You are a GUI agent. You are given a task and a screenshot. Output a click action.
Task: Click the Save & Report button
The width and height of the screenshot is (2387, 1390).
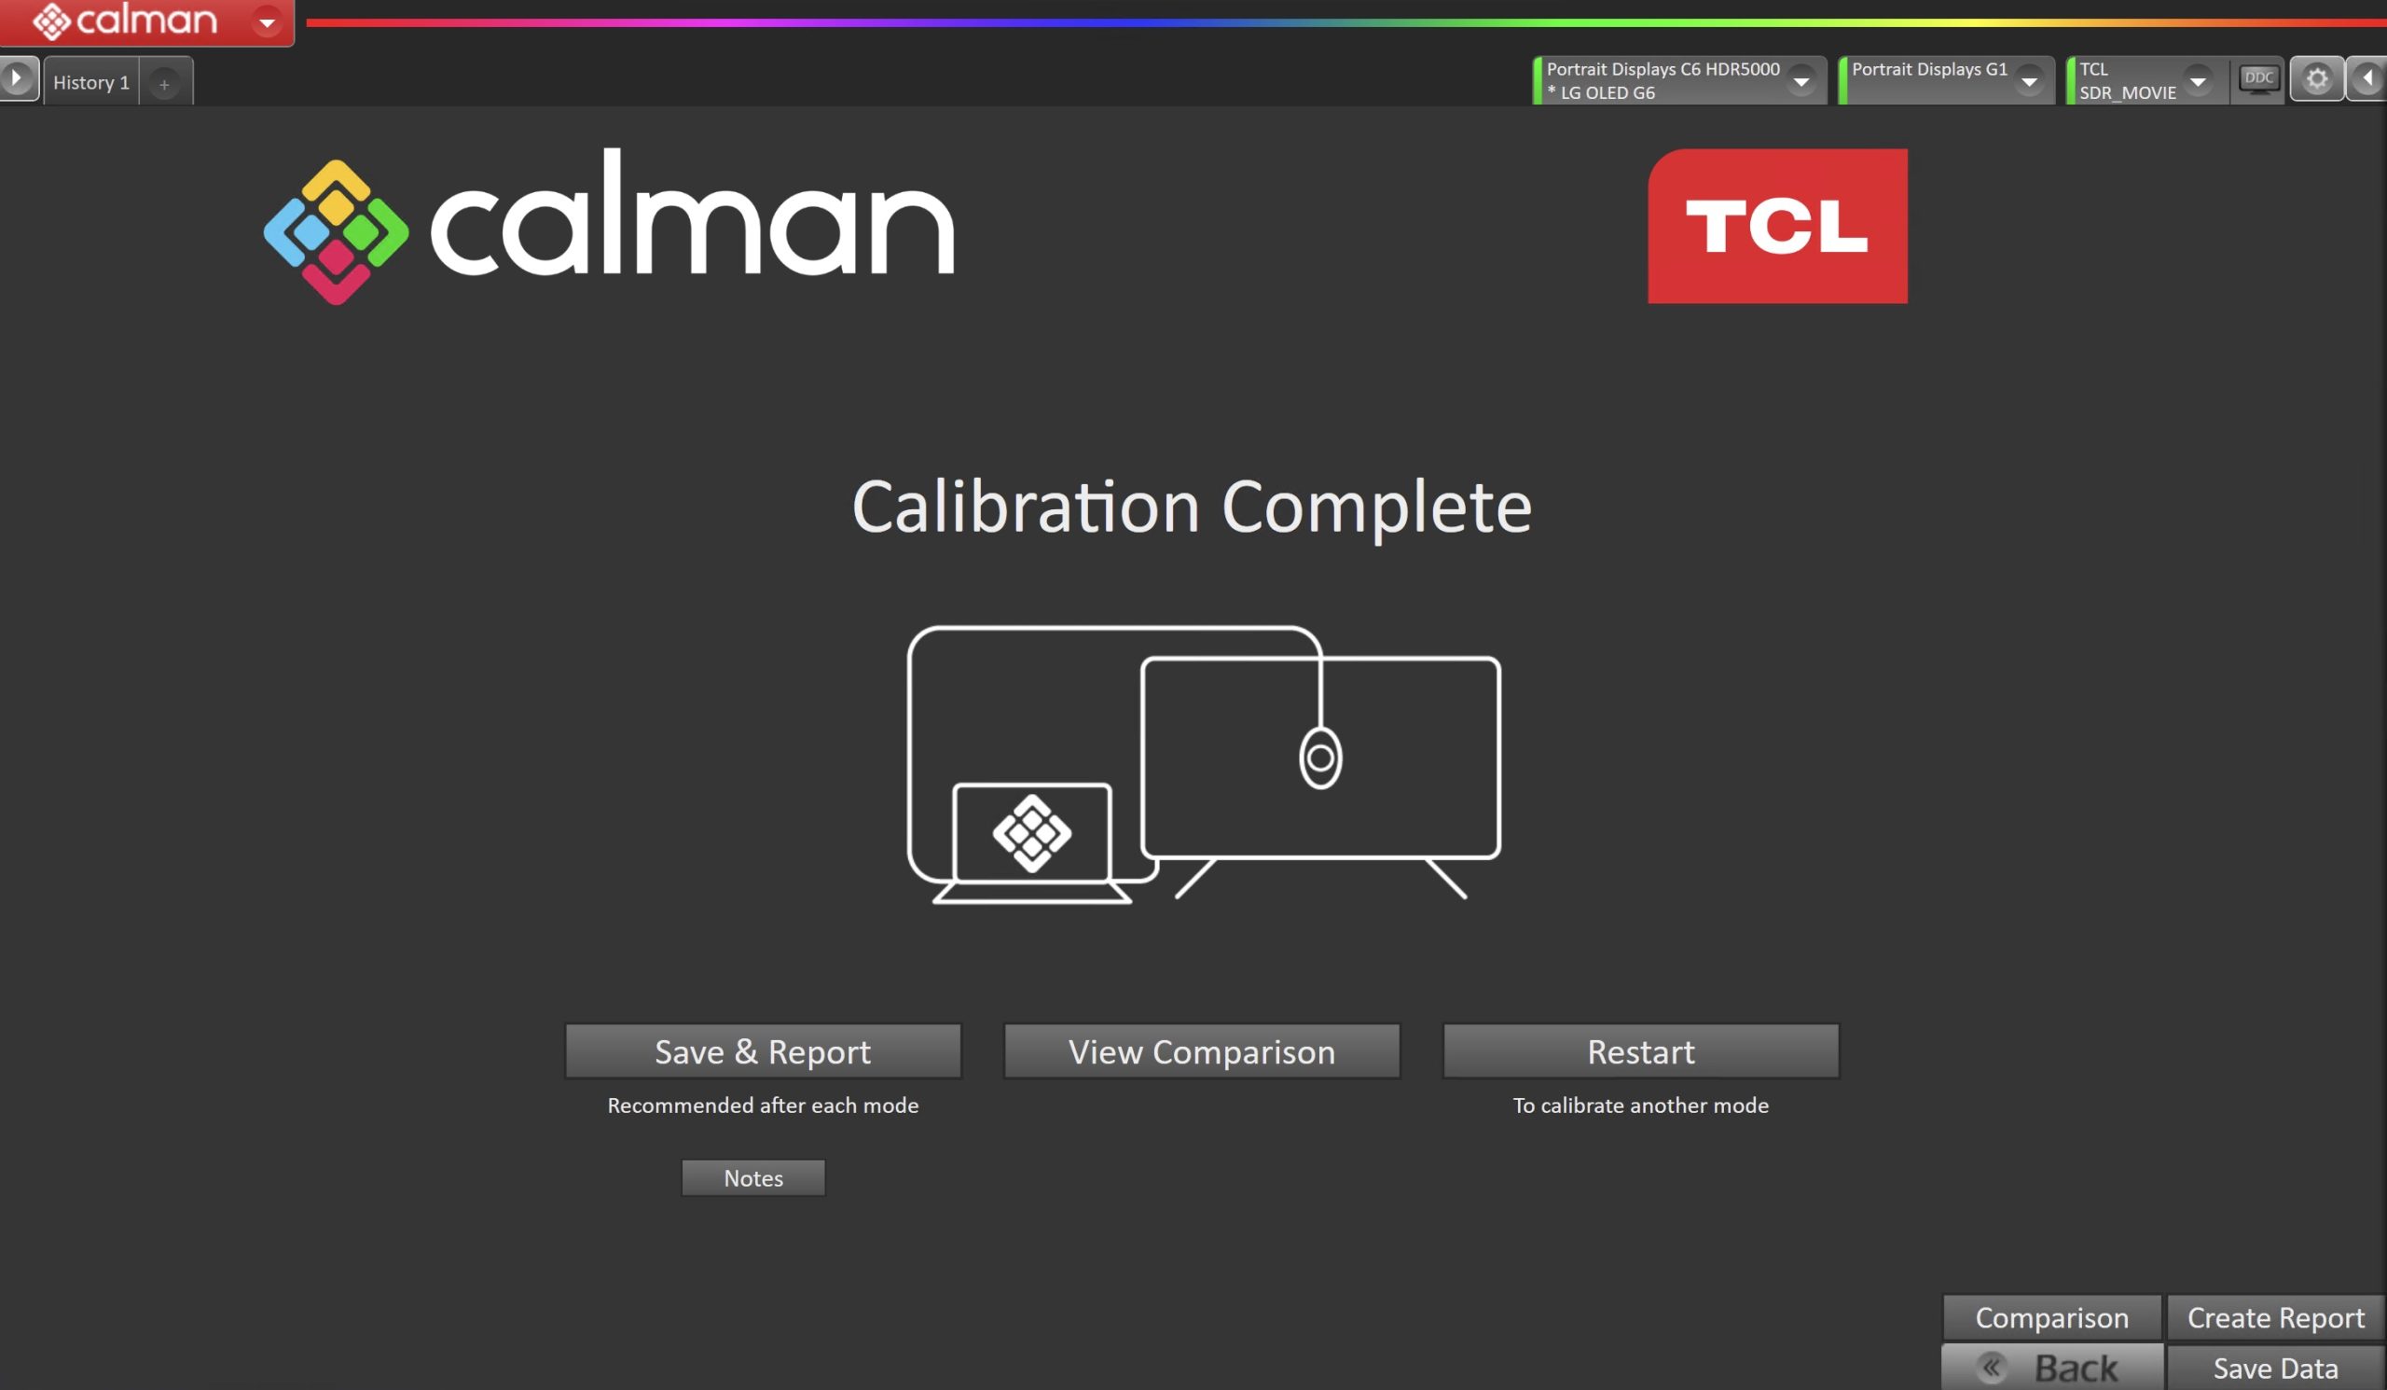click(763, 1050)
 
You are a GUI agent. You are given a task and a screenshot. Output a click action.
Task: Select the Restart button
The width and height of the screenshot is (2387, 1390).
click(1640, 1050)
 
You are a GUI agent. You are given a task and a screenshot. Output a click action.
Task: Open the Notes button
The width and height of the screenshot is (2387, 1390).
click(753, 1177)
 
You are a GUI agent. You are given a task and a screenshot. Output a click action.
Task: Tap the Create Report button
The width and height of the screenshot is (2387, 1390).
click(2275, 1317)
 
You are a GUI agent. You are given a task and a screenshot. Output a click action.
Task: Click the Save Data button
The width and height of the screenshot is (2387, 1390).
click(2275, 1368)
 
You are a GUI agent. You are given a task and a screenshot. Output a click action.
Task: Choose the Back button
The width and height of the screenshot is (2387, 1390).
click(2052, 1368)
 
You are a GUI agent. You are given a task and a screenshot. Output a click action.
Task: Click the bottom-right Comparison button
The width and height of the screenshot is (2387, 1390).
click(2051, 1317)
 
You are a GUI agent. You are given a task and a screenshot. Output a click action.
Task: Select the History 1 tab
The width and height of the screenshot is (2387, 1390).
click(91, 81)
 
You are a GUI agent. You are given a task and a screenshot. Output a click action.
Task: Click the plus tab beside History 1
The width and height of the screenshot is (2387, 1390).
click(165, 83)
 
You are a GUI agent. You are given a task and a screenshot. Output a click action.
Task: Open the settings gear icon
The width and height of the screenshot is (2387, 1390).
click(2317, 78)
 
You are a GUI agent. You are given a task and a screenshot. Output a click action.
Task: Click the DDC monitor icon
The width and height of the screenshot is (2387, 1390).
click(2258, 78)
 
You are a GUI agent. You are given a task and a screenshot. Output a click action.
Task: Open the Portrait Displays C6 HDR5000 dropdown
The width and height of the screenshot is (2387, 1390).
click(1679, 80)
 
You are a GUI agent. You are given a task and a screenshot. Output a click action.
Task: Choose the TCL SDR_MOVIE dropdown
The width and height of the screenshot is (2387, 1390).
click(2146, 80)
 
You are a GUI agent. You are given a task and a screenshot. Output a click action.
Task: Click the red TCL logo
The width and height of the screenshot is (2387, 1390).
click(1777, 226)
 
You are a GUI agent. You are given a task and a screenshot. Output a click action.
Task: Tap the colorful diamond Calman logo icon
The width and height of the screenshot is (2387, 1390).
click(337, 232)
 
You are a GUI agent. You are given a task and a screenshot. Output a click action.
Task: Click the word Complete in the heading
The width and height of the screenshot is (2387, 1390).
click(1376, 507)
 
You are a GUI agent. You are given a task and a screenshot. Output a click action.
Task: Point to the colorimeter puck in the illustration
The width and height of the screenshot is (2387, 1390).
click(1320, 758)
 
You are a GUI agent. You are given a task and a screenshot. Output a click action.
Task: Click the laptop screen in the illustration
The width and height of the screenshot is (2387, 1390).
click(1031, 833)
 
